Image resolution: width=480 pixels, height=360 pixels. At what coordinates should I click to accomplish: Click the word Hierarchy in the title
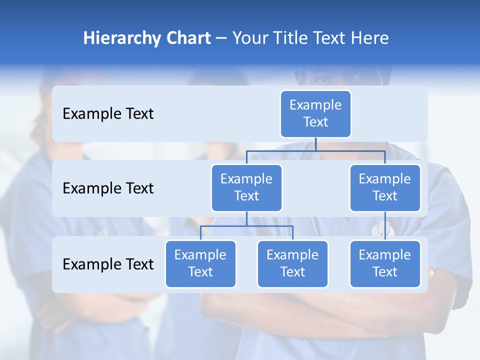(122, 38)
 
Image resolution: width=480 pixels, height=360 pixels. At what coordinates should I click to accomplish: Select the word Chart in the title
(188, 38)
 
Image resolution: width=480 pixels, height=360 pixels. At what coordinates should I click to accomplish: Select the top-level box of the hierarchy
(315, 114)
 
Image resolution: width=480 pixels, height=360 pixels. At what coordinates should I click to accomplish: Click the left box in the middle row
(246, 188)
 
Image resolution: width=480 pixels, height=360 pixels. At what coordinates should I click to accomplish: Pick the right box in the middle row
(385, 188)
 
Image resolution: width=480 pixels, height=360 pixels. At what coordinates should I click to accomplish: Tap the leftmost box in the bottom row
(200, 264)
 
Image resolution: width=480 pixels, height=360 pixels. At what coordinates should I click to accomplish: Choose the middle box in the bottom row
(292, 264)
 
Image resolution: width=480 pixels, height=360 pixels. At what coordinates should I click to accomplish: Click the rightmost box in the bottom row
(385, 264)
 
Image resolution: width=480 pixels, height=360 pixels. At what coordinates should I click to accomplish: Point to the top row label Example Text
(108, 114)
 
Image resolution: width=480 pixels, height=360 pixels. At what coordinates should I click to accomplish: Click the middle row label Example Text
(108, 188)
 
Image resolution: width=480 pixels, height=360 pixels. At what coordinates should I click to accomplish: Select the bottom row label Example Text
(108, 264)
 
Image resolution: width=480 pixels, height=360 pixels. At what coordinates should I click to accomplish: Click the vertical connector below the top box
(315, 144)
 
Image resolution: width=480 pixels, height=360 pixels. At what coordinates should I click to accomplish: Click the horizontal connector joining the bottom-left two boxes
(246, 226)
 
